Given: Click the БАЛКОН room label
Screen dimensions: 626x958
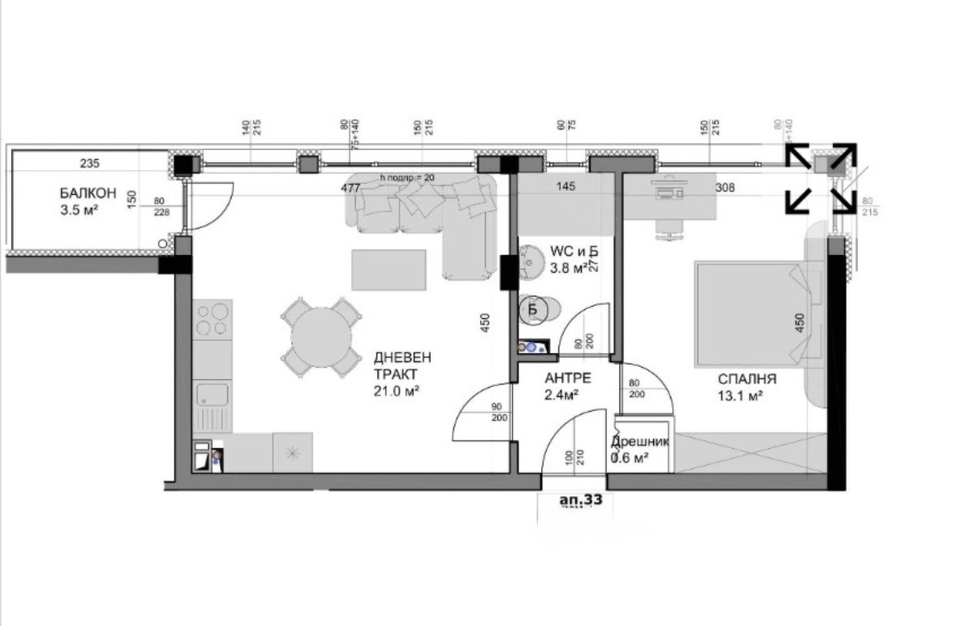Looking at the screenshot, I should tap(87, 193).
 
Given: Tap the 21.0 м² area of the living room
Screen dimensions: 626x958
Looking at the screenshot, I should tap(396, 391).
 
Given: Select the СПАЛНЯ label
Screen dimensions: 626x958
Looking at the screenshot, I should tap(747, 378).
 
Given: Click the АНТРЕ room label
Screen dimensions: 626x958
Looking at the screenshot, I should tap(566, 378).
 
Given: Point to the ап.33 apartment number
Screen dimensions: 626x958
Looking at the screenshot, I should tap(580, 501).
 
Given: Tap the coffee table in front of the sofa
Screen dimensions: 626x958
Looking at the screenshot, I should tap(388, 270).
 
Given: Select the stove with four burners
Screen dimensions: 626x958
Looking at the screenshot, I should tap(212, 319).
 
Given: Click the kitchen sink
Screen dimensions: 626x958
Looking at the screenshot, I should tap(211, 396).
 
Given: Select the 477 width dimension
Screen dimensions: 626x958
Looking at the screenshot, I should tap(350, 188).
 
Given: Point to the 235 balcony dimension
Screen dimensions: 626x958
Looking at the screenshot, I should tap(89, 163).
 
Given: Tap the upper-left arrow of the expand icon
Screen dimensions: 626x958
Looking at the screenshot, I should tap(798, 157).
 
